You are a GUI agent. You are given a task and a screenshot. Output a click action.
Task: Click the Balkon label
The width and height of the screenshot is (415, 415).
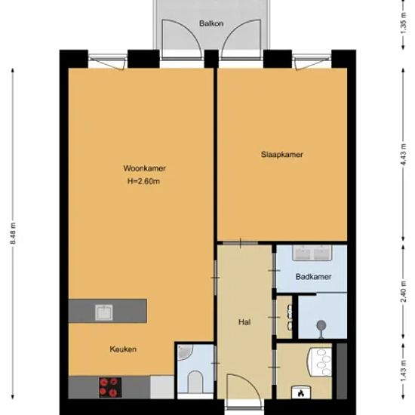tap(211, 23)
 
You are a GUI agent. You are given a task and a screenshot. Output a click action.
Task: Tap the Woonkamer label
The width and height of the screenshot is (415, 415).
tap(145, 168)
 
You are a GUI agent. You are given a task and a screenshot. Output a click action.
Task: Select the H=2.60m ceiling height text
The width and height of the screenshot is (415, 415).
tap(143, 181)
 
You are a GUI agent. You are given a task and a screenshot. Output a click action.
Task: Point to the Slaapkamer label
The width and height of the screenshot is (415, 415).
tap(282, 154)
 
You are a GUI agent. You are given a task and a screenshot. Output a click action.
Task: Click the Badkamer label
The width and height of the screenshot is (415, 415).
tap(314, 277)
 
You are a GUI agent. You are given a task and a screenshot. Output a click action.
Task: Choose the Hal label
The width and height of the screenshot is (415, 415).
tap(244, 322)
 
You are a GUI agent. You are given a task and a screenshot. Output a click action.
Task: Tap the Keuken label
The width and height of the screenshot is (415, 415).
tap(123, 349)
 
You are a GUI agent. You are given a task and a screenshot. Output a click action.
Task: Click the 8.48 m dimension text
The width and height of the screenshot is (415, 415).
tap(14, 233)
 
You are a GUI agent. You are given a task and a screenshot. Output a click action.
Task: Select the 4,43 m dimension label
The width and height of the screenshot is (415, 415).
tap(403, 154)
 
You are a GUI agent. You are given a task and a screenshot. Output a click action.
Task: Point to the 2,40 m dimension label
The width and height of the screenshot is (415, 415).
tap(403, 291)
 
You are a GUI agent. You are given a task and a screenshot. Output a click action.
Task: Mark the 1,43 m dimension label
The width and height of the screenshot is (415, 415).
tap(403, 370)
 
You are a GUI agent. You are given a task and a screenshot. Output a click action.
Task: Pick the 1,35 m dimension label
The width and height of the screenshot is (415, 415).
tap(403, 23)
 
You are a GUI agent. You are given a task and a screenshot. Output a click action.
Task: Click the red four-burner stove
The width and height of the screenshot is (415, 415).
tap(110, 387)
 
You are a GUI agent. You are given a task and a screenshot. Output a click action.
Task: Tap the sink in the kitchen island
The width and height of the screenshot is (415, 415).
tap(104, 312)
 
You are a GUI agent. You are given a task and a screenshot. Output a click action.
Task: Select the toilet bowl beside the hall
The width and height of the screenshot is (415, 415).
tap(195, 382)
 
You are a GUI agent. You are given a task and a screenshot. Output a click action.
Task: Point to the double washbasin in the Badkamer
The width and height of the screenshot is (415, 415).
tap(312, 253)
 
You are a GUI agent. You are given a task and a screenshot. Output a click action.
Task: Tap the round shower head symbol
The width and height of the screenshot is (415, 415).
tap(321, 324)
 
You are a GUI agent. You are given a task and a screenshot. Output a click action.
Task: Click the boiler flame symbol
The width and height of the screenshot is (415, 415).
tap(301, 393)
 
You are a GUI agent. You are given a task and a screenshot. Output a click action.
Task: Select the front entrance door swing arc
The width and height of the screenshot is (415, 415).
tap(250, 381)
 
